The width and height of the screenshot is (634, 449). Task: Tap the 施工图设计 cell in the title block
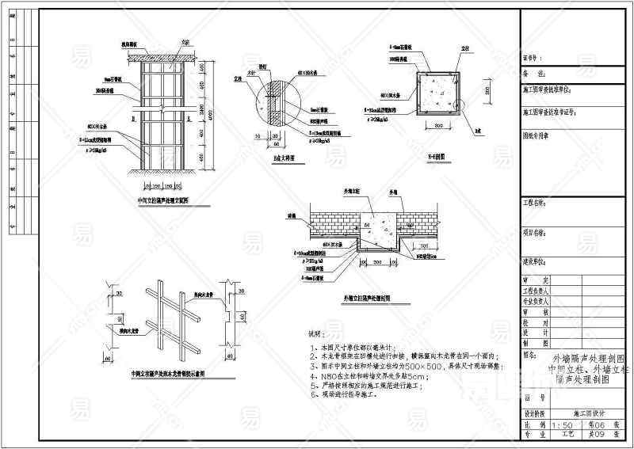(588, 413)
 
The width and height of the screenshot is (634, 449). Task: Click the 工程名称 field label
(535, 204)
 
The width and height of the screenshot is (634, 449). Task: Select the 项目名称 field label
(535, 233)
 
